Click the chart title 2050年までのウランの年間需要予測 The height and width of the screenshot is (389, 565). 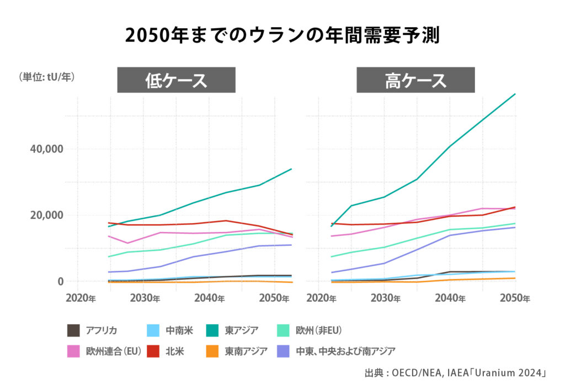click(282, 36)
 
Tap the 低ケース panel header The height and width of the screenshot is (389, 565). click(176, 80)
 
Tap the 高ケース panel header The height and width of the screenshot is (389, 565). click(415, 80)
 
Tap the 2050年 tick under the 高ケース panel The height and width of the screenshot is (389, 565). click(515, 298)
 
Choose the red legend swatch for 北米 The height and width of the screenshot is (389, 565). click(155, 350)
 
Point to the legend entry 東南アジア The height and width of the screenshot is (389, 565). click(246, 350)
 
